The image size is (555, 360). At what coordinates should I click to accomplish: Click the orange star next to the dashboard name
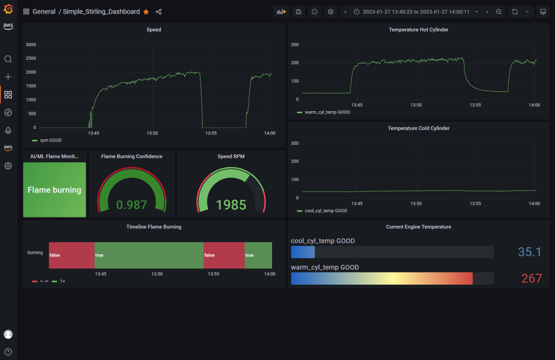pos(146,12)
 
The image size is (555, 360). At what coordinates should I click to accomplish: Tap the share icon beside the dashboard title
pos(158,12)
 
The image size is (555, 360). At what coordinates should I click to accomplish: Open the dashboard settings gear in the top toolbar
pos(330,12)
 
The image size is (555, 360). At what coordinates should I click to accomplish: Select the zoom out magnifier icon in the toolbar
pos(499,12)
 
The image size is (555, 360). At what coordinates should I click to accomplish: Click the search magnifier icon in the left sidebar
pos(8,59)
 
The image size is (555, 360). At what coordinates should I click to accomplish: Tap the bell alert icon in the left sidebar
pos(8,130)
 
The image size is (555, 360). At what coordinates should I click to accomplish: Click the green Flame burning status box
pos(54,190)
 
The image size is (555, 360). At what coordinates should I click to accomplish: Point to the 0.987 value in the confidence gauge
pos(132,204)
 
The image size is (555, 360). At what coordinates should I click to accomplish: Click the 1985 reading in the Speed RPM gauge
pos(231,204)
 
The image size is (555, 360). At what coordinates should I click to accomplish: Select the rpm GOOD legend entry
pos(47,140)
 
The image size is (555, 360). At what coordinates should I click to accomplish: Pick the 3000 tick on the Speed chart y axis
pos(31,44)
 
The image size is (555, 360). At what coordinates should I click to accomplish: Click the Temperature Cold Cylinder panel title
pos(418,128)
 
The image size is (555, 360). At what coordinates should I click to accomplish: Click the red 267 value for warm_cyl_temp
pos(531,278)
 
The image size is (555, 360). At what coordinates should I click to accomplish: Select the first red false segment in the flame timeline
pos(70,255)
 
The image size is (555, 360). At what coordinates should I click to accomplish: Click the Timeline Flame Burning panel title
pos(153,227)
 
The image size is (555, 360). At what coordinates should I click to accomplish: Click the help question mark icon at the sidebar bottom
pos(8,351)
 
